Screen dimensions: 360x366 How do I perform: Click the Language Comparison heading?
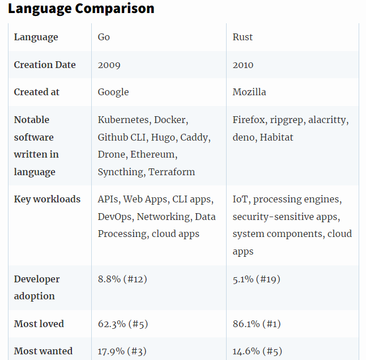80,9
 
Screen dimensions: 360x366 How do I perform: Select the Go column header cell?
104,37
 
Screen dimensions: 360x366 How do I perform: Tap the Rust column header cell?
242,37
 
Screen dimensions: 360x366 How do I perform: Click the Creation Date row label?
45,65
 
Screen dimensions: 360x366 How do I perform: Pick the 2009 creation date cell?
109,65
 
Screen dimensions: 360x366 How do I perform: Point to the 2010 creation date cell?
243,65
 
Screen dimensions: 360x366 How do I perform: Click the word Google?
113,92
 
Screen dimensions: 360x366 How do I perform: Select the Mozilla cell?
249,92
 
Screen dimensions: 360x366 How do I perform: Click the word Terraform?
172,172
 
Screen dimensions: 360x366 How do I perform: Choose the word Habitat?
276,137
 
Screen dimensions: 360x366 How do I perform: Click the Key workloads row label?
47,199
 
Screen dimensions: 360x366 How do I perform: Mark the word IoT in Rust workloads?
241,200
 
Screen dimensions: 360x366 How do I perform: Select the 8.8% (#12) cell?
122,279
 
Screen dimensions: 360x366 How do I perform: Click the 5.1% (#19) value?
256,279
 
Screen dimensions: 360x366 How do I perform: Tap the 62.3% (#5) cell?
122,324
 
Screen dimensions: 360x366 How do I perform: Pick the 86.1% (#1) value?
256,324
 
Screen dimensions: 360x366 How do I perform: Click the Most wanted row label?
43,351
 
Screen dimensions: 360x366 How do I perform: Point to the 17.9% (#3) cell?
122,351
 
